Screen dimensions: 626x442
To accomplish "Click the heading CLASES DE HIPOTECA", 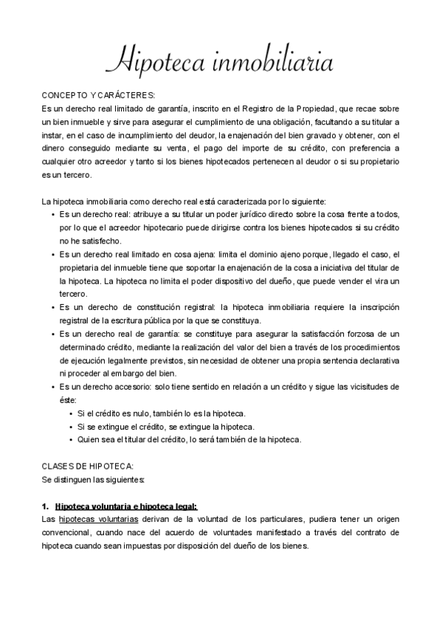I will (88, 467).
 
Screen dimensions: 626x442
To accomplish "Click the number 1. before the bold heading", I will (46, 506).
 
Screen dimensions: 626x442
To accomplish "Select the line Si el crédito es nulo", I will (162, 413).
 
